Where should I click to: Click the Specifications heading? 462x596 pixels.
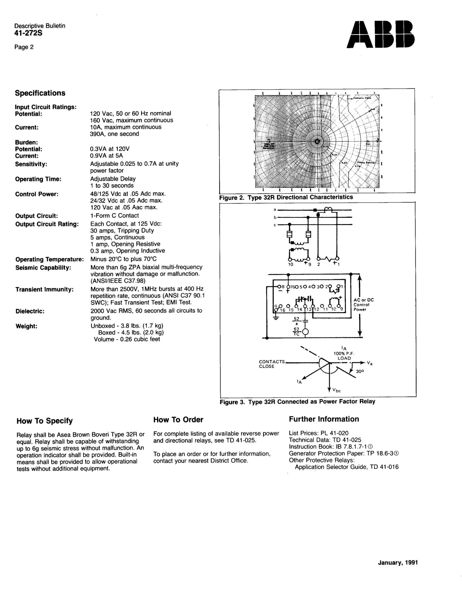[40, 93]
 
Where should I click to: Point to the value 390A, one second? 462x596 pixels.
[114, 134]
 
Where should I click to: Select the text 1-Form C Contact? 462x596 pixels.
[115, 215]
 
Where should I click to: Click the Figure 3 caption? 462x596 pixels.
[297, 401]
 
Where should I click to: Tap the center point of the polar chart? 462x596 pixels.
[317, 141]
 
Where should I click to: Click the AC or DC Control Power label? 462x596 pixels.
[363, 305]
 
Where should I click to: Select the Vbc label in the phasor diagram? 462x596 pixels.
[337, 390]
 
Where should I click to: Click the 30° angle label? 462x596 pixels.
[360, 371]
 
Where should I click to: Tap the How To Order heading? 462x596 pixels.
[178, 420]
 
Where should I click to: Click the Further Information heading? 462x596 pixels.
[324, 419]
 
